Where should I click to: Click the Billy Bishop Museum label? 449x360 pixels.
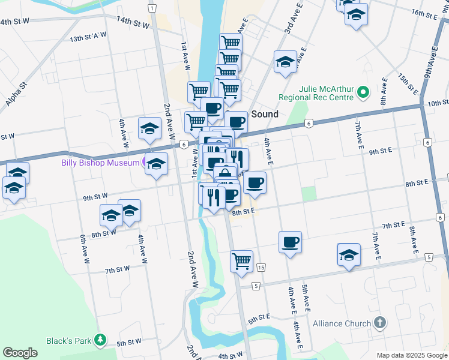[x=100, y=163]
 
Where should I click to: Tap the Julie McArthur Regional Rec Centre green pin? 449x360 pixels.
[x=363, y=92]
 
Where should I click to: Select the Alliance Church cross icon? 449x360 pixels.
[x=379, y=323]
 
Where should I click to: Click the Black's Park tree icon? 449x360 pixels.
[x=101, y=341]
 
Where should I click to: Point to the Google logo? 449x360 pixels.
[x=20, y=353]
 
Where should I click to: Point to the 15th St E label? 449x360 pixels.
[x=408, y=84]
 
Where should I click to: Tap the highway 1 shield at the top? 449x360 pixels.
[x=153, y=8]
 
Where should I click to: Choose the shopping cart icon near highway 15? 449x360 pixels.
[x=241, y=261]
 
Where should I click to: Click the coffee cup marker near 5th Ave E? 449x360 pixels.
[x=290, y=242]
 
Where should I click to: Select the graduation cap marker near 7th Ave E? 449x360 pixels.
[x=349, y=254]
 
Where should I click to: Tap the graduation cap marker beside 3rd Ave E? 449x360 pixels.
[x=285, y=62]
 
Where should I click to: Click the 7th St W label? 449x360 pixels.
[x=118, y=270]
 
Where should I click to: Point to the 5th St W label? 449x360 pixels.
[x=128, y=343]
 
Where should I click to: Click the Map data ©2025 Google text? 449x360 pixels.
[x=412, y=355]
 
